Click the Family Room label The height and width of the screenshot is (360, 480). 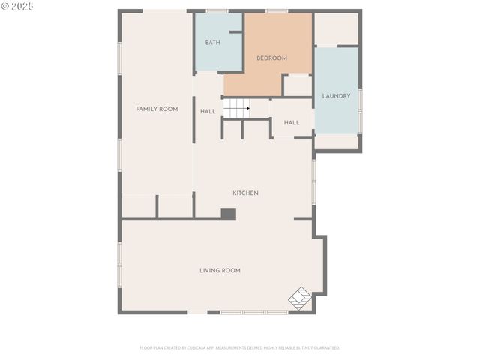pos(157,109)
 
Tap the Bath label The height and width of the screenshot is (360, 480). pos(212,43)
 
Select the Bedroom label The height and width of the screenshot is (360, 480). pos(271,58)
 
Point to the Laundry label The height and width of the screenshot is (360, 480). pos(336,96)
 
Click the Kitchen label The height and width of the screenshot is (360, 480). pos(245,193)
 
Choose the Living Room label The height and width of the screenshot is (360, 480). pos(220,270)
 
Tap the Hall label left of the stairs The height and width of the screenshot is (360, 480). pos(208,112)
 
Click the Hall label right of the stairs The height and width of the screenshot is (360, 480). pos(292,123)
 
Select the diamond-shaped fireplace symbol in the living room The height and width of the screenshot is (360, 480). pos(300,297)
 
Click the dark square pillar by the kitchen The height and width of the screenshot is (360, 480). pos(228,214)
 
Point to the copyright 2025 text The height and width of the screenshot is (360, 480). pos(18,6)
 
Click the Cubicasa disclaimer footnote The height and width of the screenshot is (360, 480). pos(239,348)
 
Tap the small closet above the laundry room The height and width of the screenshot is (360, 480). pos(336,29)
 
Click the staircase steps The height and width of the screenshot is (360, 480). pos(236,109)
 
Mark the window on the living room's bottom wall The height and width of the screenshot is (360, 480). pos(253,312)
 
